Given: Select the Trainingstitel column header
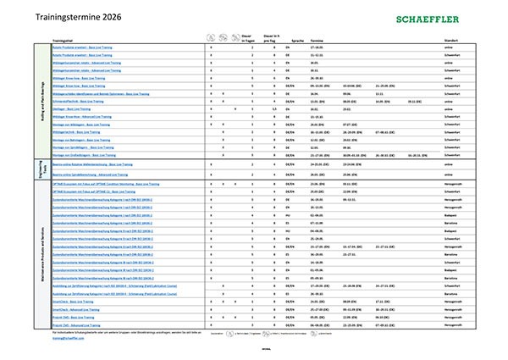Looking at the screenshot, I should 64,40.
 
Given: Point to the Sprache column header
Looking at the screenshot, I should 298,40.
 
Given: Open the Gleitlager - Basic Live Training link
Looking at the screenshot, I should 71,108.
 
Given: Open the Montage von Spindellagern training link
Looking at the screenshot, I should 81,147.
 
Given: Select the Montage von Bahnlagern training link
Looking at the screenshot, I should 80,140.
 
